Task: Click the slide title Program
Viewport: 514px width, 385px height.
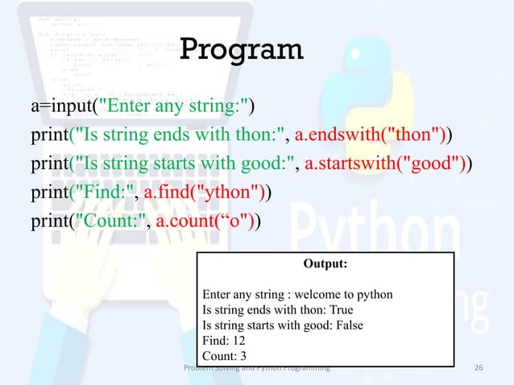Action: [x=241, y=49]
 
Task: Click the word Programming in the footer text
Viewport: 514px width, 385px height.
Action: [x=301, y=368]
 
